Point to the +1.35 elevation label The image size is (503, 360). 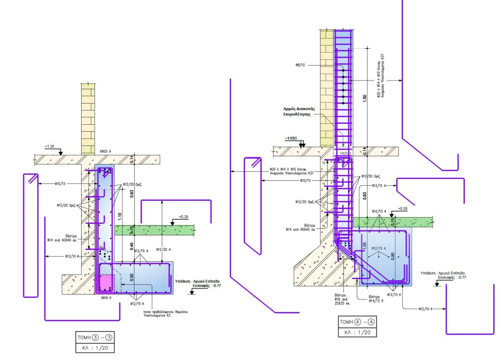click(x=50, y=146)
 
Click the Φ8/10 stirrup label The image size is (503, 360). click(x=301, y=64)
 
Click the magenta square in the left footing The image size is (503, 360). click(x=105, y=284)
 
